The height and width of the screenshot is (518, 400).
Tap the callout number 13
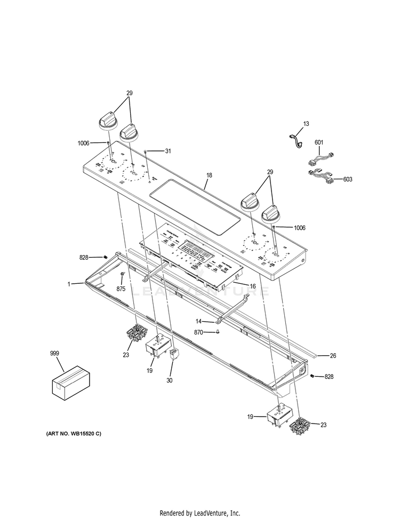coord(306,124)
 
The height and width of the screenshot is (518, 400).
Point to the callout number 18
coord(209,175)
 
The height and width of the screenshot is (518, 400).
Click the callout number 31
coord(168,151)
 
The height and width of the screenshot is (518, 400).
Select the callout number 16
coord(253,286)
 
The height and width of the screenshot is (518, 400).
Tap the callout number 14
coord(198,322)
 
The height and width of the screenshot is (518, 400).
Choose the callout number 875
coord(121,289)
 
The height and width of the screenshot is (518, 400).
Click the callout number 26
coord(333,355)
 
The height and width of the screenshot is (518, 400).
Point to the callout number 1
coord(69,284)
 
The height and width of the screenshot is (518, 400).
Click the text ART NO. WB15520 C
coord(74,433)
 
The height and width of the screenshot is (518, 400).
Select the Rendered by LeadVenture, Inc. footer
coord(199,513)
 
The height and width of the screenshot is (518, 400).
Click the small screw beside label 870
coord(218,331)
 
